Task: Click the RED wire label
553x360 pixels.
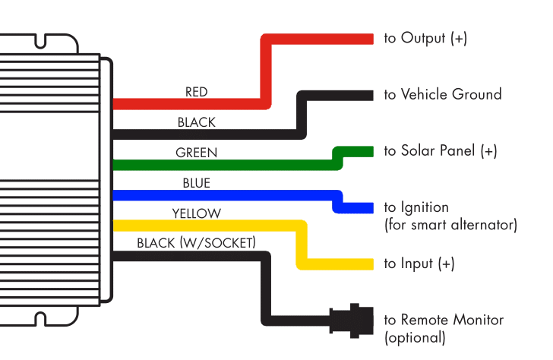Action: [196, 92]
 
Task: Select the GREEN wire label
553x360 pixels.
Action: [196, 153]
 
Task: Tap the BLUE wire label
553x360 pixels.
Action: [196, 183]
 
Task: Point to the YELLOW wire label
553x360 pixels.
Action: [196, 213]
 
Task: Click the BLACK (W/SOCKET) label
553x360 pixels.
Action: [196, 243]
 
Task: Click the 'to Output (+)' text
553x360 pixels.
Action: [425, 38]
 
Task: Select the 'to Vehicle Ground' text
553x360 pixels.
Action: [442, 95]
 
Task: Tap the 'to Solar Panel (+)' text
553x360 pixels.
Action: [440, 150]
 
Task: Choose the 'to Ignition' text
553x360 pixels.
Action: [416, 207]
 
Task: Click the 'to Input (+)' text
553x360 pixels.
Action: [419, 264]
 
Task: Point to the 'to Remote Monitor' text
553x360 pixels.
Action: [443, 320]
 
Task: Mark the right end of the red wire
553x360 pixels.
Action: [370, 39]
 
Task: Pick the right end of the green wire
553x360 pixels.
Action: [370, 151]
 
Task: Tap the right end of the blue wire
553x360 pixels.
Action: [370, 207]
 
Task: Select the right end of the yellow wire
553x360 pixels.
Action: [370, 264]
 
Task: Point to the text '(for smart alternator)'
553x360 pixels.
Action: [450, 225]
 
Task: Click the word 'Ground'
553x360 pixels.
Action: [477, 95]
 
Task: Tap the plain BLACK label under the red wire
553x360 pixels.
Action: [196, 122]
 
